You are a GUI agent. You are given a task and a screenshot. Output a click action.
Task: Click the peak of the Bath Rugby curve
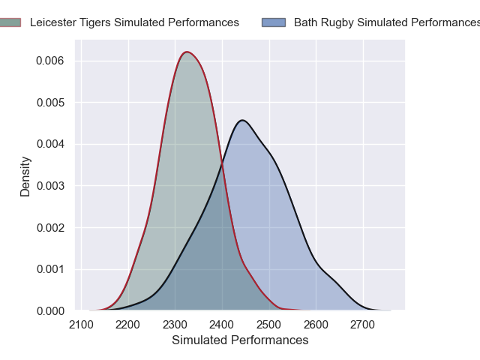(x=241, y=120)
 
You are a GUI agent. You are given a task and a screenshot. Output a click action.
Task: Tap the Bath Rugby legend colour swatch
(x=274, y=22)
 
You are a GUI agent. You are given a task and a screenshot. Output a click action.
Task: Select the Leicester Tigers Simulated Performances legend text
(x=134, y=22)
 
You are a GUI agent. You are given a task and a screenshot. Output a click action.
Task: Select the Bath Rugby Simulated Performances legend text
(x=385, y=22)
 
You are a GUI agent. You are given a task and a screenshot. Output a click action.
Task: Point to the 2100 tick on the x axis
(x=82, y=325)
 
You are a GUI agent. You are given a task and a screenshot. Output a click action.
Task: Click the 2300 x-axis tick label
(x=175, y=325)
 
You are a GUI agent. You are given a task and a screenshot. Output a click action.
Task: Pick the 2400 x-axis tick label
(x=222, y=325)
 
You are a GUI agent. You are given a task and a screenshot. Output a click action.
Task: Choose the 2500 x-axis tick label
(x=269, y=325)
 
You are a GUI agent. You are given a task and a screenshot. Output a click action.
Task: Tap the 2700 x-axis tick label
(x=363, y=325)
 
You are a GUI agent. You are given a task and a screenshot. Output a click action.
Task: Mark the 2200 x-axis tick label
(x=128, y=325)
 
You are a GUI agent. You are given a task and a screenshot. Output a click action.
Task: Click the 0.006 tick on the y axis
(x=50, y=61)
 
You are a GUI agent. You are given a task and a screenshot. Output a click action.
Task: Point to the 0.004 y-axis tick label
(x=50, y=144)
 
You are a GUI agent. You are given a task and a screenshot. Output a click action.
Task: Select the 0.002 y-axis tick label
(x=50, y=227)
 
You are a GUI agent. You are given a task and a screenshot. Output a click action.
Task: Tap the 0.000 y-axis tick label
(x=50, y=310)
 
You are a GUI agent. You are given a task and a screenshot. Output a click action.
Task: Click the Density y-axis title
(x=25, y=176)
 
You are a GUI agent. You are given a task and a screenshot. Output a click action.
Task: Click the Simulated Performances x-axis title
(x=240, y=340)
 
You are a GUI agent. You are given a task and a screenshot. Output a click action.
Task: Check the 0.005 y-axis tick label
(x=50, y=102)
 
